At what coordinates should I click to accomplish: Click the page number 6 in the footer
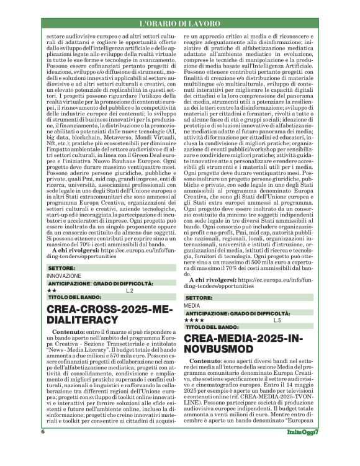(x=43, y=449)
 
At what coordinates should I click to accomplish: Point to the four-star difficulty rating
(x=194, y=320)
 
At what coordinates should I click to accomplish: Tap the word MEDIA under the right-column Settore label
(x=192, y=306)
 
